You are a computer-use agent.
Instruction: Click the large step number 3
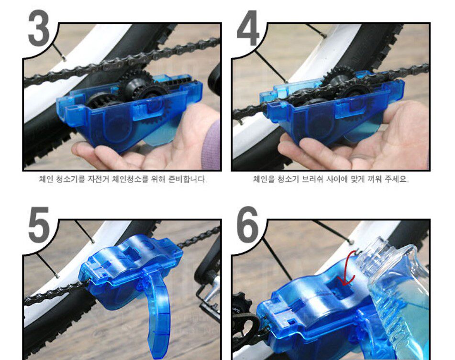click(x=39, y=28)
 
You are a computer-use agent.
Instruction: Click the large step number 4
click(x=247, y=28)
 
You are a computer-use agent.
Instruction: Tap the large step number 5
click(x=38, y=225)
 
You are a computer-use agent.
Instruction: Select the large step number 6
click(x=247, y=225)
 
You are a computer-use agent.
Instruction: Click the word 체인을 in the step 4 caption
click(x=264, y=179)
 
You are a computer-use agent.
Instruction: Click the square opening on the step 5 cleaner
click(x=130, y=253)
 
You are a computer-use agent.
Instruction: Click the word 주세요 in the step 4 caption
click(x=397, y=179)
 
